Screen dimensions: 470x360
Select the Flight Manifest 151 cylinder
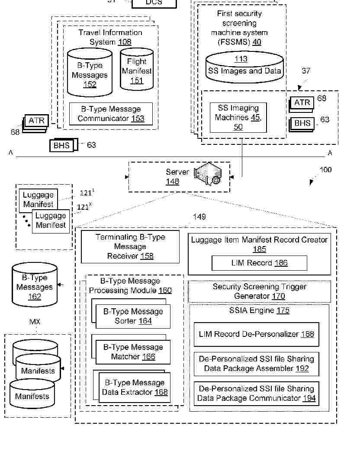pyautogui.click(x=136, y=70)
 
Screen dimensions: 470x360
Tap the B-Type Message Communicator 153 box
pyautogui.click(x=111, y=114)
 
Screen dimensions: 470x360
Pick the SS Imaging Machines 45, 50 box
pyautogui.click(x=238, y=117)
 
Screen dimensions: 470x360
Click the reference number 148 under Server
pyautogui.click(x=172, y=182)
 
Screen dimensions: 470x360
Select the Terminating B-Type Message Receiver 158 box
pyautogui.click(x=130, y=247)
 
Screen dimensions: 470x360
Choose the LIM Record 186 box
pyautogui.click(x=259, y=263)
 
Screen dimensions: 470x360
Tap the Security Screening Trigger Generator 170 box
pyautogui.click(x=259, y=291)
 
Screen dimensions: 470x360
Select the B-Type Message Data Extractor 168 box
pyautogui.click(x=135, y=387)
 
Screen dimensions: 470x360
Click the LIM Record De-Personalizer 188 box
pyautogui.click(x=256, y=334)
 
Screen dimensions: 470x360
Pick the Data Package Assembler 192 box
pyautogui.click(x=256, y=364)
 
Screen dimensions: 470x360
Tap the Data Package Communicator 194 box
pyautogui.click(x=256, y=393)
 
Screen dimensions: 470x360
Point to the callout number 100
pyautogui.click(x=325, y=170)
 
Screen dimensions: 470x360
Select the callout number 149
pyautogui.click(x=199, y=217)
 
